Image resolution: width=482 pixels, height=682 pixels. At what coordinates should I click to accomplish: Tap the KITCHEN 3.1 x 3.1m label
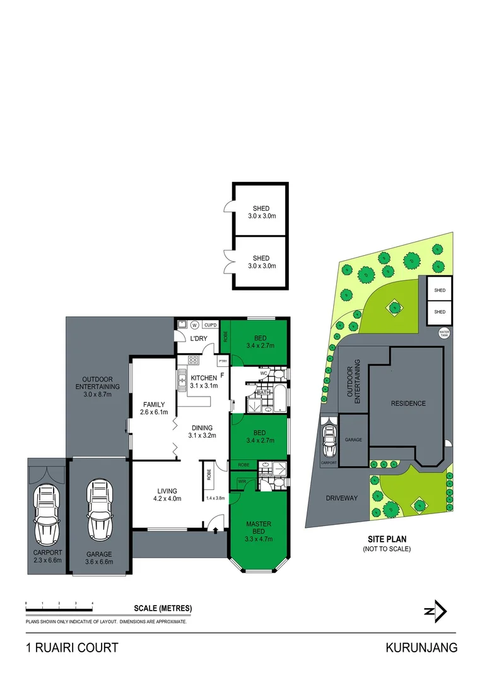pyautogui.click(x=204, y=381)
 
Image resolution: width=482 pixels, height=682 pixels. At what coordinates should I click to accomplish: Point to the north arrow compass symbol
pyautogui.click(x=435, y=611)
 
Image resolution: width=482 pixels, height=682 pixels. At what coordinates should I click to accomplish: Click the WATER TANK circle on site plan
pyautogui.click(x=445, y=332)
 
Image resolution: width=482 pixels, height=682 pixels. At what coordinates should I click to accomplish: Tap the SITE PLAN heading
pyautogui.click(x=387, y=539)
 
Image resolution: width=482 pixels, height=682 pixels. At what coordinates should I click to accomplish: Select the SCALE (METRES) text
pyautogui.click(x=163, y=609)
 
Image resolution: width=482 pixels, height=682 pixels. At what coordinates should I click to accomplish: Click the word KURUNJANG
pyautogui.click(x=421, y=648)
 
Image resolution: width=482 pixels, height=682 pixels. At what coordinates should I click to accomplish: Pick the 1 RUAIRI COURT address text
pyautogui.click(x=71, y=648)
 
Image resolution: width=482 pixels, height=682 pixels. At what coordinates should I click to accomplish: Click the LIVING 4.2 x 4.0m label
pyautogui.click(x=167, y=494)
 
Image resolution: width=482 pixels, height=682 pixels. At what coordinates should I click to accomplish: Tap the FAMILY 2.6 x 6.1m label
pyautogui.click(x=154, y=409)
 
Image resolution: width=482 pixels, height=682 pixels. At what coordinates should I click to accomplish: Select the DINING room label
pyautogui.click(x=202, y=431)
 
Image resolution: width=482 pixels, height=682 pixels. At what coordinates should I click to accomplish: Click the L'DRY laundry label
pyautogui.click(x=199, y=339)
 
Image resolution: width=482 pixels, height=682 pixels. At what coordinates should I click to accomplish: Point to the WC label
pyautogui.click(x=264, y=373)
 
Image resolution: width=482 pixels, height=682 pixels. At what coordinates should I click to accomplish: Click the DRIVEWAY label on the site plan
pyautogui.click(x=342, y=498)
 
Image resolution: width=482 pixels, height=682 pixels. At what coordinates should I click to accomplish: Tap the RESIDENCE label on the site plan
pyautogui.click(x=408, y=404)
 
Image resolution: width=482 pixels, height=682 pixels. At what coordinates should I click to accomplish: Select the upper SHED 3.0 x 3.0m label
pyautogui.click(x=261, y=212)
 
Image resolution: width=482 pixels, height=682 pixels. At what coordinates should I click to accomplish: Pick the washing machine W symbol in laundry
pyautogui.click(x=194, y=325)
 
